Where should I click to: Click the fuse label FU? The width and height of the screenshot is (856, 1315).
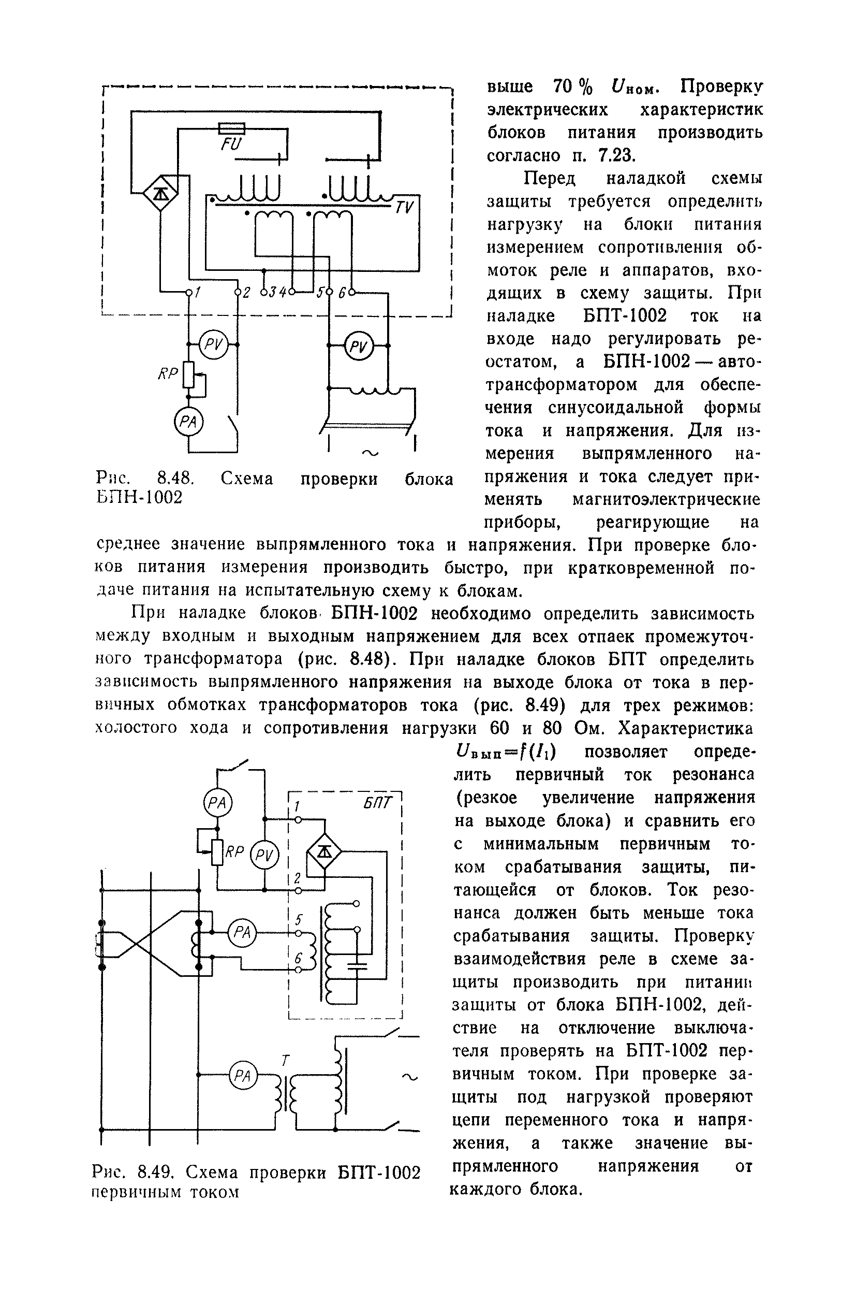231,145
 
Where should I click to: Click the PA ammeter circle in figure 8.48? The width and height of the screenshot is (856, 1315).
188,422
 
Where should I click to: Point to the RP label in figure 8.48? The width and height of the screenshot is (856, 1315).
168,374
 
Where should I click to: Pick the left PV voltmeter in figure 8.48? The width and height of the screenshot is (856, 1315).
213,345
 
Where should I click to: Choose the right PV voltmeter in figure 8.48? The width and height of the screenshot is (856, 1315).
359,346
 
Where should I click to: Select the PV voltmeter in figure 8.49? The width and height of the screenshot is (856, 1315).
264,856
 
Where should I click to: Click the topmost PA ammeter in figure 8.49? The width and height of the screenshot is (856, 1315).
217,803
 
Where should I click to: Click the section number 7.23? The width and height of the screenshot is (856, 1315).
617,156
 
